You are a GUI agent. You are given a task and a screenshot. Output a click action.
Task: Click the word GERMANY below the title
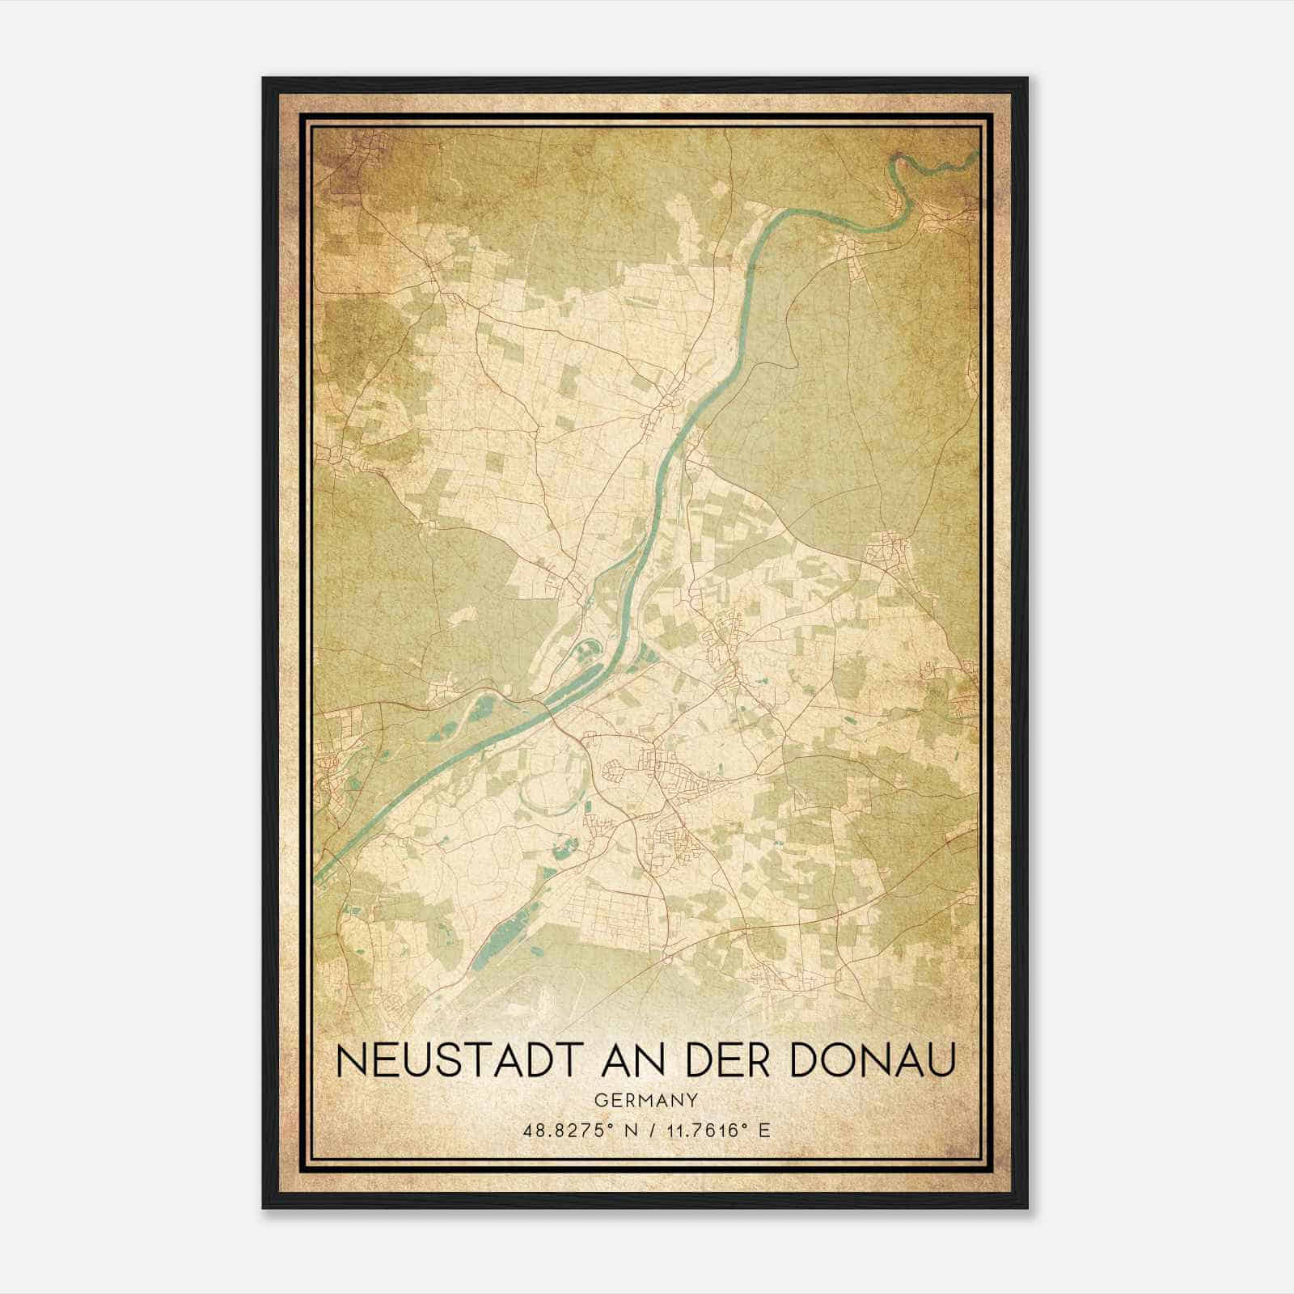[x=645, y=1100]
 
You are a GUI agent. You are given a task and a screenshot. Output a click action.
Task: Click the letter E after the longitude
[x=763, y=1131]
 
